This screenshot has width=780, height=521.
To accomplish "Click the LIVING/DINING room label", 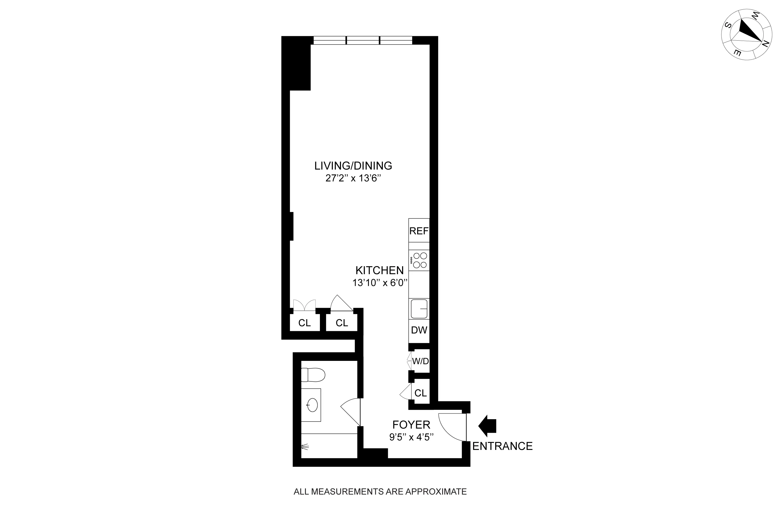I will pyautogui.click(x=353, y=166).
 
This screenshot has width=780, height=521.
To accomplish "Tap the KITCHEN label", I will pyautogui.click(x=380, y=270).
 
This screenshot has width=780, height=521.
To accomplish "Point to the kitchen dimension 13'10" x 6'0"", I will pyautogui.click(x=380, y=283).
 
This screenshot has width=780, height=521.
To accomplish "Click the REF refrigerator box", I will pyautogui.click(x=419, y=231).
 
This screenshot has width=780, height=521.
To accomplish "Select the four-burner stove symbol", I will pyautogui.click(x=419, y=260).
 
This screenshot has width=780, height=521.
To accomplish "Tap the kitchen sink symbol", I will pyautogui.click(x=419, y=309).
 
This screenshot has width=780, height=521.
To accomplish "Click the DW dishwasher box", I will pyautogui.click(x=419, y=330).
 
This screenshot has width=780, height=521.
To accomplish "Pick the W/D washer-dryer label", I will pyautogui.click(x=421, y=361).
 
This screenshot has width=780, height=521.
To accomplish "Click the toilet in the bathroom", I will pyautogui.click(x=313, y=375).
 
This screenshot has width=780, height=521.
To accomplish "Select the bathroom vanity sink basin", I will pyautogui.click(x=312, y=405).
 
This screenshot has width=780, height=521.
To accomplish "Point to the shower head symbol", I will pyautogui.click(x=305, y=447).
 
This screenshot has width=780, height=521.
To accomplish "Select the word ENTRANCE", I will pyautogui.click(x=502, y=446).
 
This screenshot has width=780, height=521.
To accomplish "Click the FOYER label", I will pyautogui.click(x=411, y=425).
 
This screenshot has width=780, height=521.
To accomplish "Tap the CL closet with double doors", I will pyautogui.click(x=304, y=323).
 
